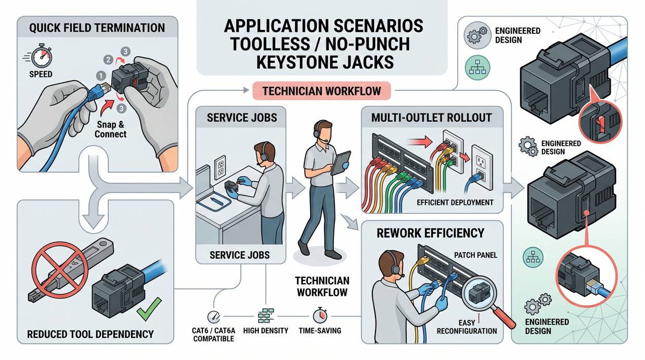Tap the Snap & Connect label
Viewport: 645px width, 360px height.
coord(110,130)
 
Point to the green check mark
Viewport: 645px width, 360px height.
coord(148,312)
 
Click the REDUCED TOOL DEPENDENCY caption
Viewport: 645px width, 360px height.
coord(91,333)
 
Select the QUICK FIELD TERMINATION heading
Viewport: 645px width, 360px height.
coord(97,28)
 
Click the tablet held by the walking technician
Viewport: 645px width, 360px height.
coord(340,163)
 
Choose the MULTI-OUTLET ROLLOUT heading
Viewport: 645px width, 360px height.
coord(432,117)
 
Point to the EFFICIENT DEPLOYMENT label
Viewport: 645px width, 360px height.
coord(455,202)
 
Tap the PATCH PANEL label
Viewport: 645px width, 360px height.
coord(475,255)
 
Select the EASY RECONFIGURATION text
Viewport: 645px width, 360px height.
coord(467,327)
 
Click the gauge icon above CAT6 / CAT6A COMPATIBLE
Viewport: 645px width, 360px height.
coord(213,317)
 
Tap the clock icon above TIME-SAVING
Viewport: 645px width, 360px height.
coord(319,316)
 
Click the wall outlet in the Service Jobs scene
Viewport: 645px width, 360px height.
coord(220,166)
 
